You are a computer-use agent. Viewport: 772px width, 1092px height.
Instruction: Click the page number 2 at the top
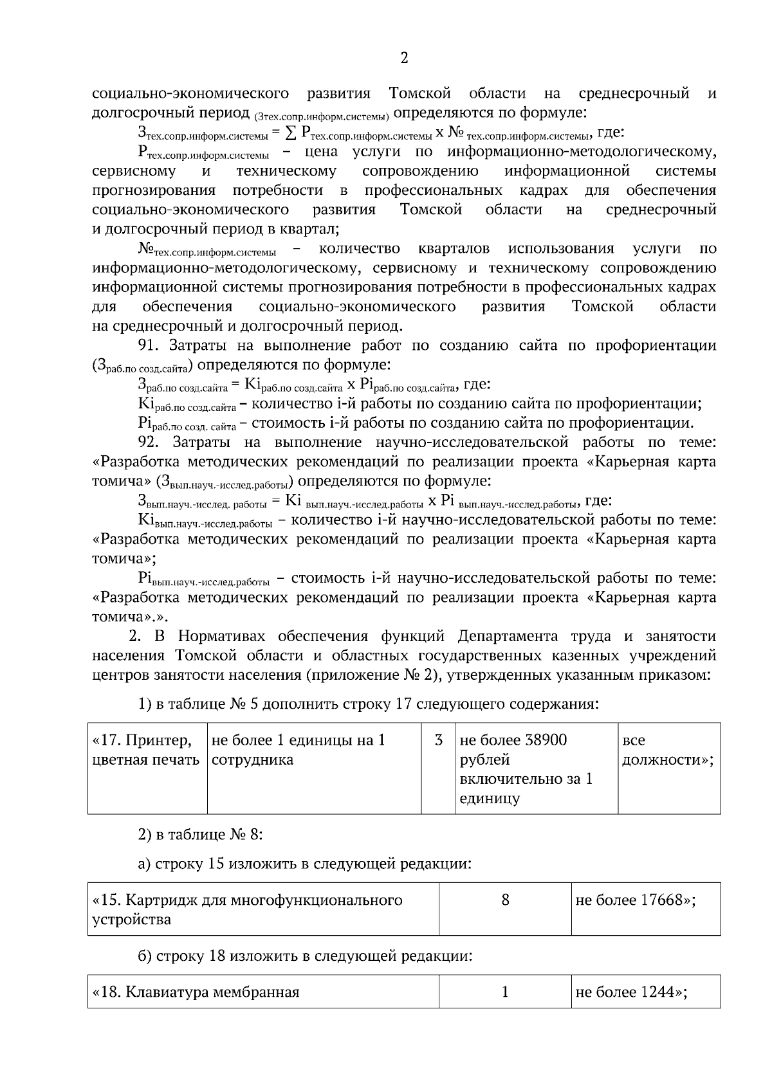pos(404,59)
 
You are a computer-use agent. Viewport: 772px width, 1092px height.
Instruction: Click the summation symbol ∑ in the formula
pos(291,133)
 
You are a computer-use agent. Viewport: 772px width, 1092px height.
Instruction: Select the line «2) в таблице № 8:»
pos(200,835)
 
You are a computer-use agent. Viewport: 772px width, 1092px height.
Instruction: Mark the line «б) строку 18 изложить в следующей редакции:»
pos(306,956)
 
